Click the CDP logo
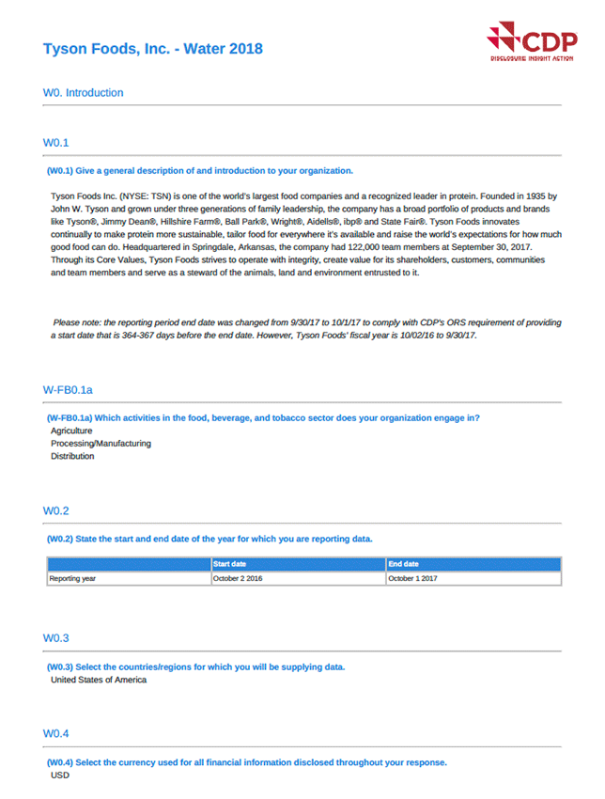(x=532, y=42)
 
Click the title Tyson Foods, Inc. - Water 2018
(x=153, y=49)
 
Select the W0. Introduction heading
(x=83, y=93)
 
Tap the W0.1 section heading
(x=55, y=143)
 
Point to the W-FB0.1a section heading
(x=67, y=389)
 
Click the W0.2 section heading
(x=55, y=510)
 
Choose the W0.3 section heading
(x=55, y=638)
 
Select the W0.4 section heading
(x=55, y=733)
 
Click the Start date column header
(x=230, y=564)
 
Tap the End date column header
(x=404, y=564)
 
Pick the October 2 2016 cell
(x=239, y=579)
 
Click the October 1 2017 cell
(x=412, y=579)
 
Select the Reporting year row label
(x=72, y=579)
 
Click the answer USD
(x=59, y=775)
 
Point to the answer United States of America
(x=99, y=680)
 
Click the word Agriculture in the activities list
(x=71, y=431)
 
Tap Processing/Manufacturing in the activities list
(x=101, y=444)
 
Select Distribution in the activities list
(x=72, y=457)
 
